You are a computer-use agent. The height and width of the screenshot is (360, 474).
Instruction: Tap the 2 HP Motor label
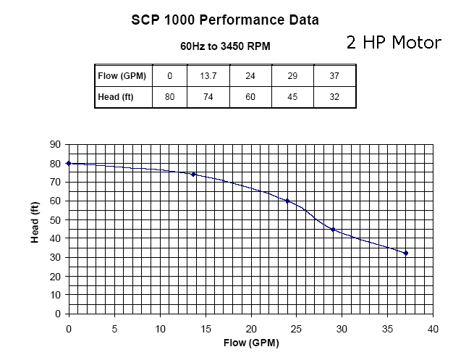(x=393, y=42)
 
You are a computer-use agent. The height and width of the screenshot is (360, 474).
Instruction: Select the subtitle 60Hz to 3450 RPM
(x=224, y=46)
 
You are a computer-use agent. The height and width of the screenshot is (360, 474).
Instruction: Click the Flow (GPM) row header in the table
(x=123, y=75)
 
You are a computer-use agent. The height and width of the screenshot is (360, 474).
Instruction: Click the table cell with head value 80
(x=170, y=96)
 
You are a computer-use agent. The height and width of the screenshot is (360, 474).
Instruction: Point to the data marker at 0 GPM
(x=69, y=163)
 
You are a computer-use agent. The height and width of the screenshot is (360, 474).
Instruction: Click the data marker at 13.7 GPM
(x=193, y=174)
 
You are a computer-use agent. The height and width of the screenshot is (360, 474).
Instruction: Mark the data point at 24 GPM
(x=287, y=201)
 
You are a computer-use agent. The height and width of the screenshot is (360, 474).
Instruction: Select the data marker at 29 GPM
(x=333, y=229)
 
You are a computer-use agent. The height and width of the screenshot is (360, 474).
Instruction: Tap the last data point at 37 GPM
(x=406, y=253)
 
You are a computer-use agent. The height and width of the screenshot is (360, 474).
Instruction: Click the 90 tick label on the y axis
(x=54, y=144)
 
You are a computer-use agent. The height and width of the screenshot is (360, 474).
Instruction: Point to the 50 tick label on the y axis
(x=54, y=219)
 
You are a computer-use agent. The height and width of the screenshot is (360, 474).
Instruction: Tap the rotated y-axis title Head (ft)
(x=34, y=222)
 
